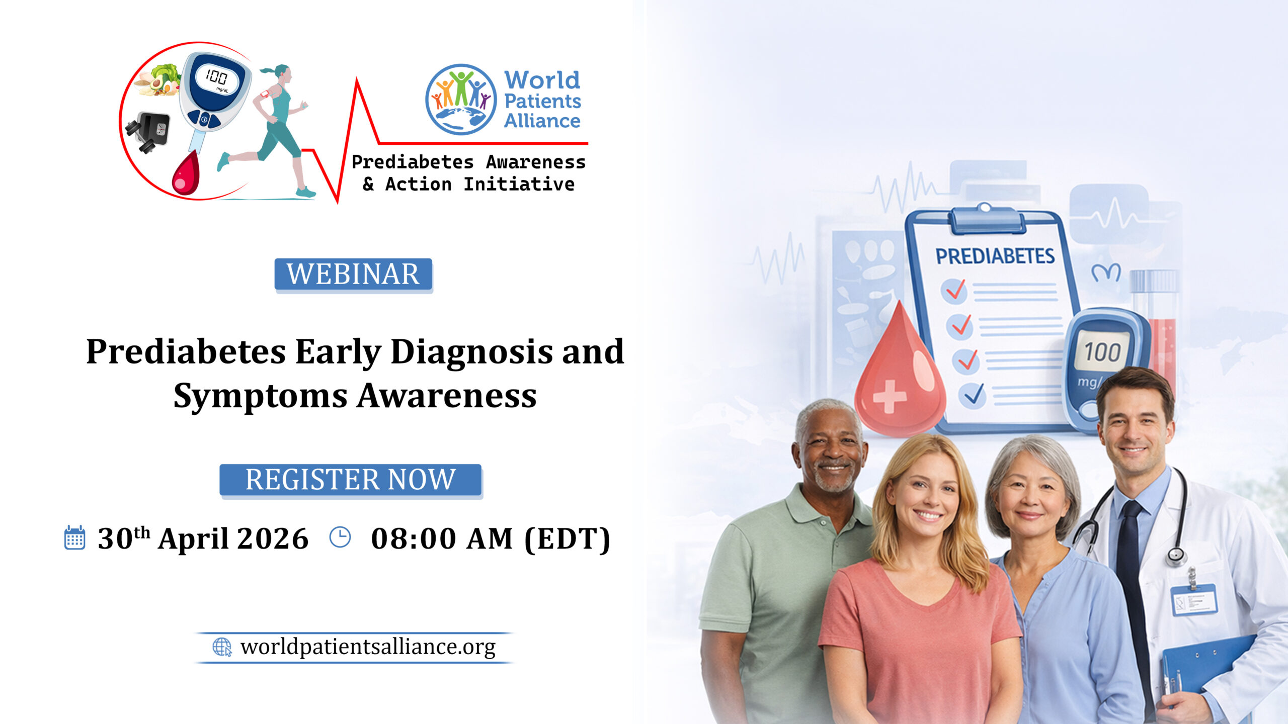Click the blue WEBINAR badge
(353, 275)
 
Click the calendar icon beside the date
(75, 538)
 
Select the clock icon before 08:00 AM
(340, 537)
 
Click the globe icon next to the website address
(222, 647)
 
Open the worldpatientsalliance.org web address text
(368, 647)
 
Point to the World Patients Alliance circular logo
(461, 99)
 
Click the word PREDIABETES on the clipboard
(995, 256)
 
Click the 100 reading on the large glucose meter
(1102, 352)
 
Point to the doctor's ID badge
(1193, 599)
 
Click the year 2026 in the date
(272, 538)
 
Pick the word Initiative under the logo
(519, 184)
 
